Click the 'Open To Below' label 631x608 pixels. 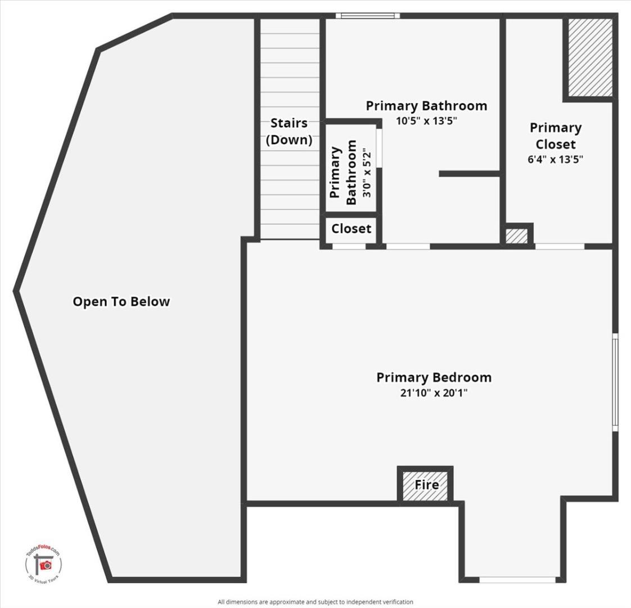(121, 302)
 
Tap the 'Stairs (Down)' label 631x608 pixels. (289, 131)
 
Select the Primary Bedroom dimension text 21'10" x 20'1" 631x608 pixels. (434, 393)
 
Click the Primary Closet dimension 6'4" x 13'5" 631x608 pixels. (555, 159)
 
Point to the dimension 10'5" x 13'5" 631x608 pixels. (426, 120)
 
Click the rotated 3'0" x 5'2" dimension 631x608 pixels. (367, 173)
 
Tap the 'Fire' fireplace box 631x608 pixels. (426, 485)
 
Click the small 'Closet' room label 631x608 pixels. (351, 229)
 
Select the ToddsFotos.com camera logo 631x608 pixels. (44, 564)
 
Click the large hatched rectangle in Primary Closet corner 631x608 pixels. (589, 57)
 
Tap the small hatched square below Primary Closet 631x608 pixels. (516, 236)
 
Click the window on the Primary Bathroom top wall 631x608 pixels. (368, 16)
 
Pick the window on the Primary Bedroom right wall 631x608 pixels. (615, 382)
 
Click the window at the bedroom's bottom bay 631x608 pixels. (517, 579)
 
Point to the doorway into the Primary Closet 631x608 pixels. (559, 246)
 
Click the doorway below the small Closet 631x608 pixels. (349, 246)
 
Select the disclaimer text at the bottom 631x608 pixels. (315, 602)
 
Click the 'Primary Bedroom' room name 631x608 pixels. (434, 377)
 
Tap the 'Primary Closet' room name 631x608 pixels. (555, 136)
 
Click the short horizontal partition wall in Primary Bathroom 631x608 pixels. (470, 174)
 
